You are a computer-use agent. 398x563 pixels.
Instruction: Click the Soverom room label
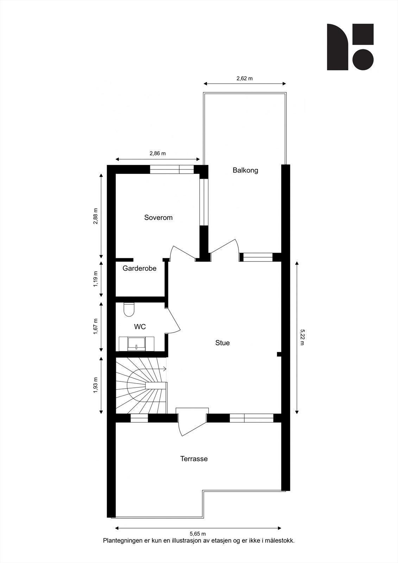pyautogui.click(x=158, y=217)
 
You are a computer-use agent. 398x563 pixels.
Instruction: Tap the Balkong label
pyautogui.click(x=245, y=170)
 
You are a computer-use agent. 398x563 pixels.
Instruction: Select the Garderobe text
pyautogui.click(x=139, y=268)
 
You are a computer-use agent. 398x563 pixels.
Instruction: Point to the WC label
pyautogui.click(x=140, y=327)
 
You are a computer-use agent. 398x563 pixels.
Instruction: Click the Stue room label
pyautogui.click(x=222, y=343)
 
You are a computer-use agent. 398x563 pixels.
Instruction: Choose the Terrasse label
pyautogui.click(x=194, y=459)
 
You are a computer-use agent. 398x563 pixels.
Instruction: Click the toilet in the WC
pyautogui.click(x=129, y=309)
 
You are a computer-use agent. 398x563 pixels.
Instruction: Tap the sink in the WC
pyautogui.click(x=136, y=344)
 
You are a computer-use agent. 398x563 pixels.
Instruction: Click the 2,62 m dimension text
pyautogui.click(x=244, y=78)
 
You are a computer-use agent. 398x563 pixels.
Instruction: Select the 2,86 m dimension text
pyautogui.click(x=158, y=153)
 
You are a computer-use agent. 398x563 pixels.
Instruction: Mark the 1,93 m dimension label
pyautogui.click(x=95, y=385)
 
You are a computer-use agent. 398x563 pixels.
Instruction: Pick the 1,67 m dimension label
pyautogui.click(x=95, y=327)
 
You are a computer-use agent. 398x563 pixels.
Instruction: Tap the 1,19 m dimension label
pyautogui.click(x=95, y=279)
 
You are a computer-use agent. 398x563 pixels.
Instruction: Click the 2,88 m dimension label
pyautogui.click(x=95, y=216)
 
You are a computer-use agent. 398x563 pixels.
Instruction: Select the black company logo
pyautogui.click(x=350, y=47)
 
